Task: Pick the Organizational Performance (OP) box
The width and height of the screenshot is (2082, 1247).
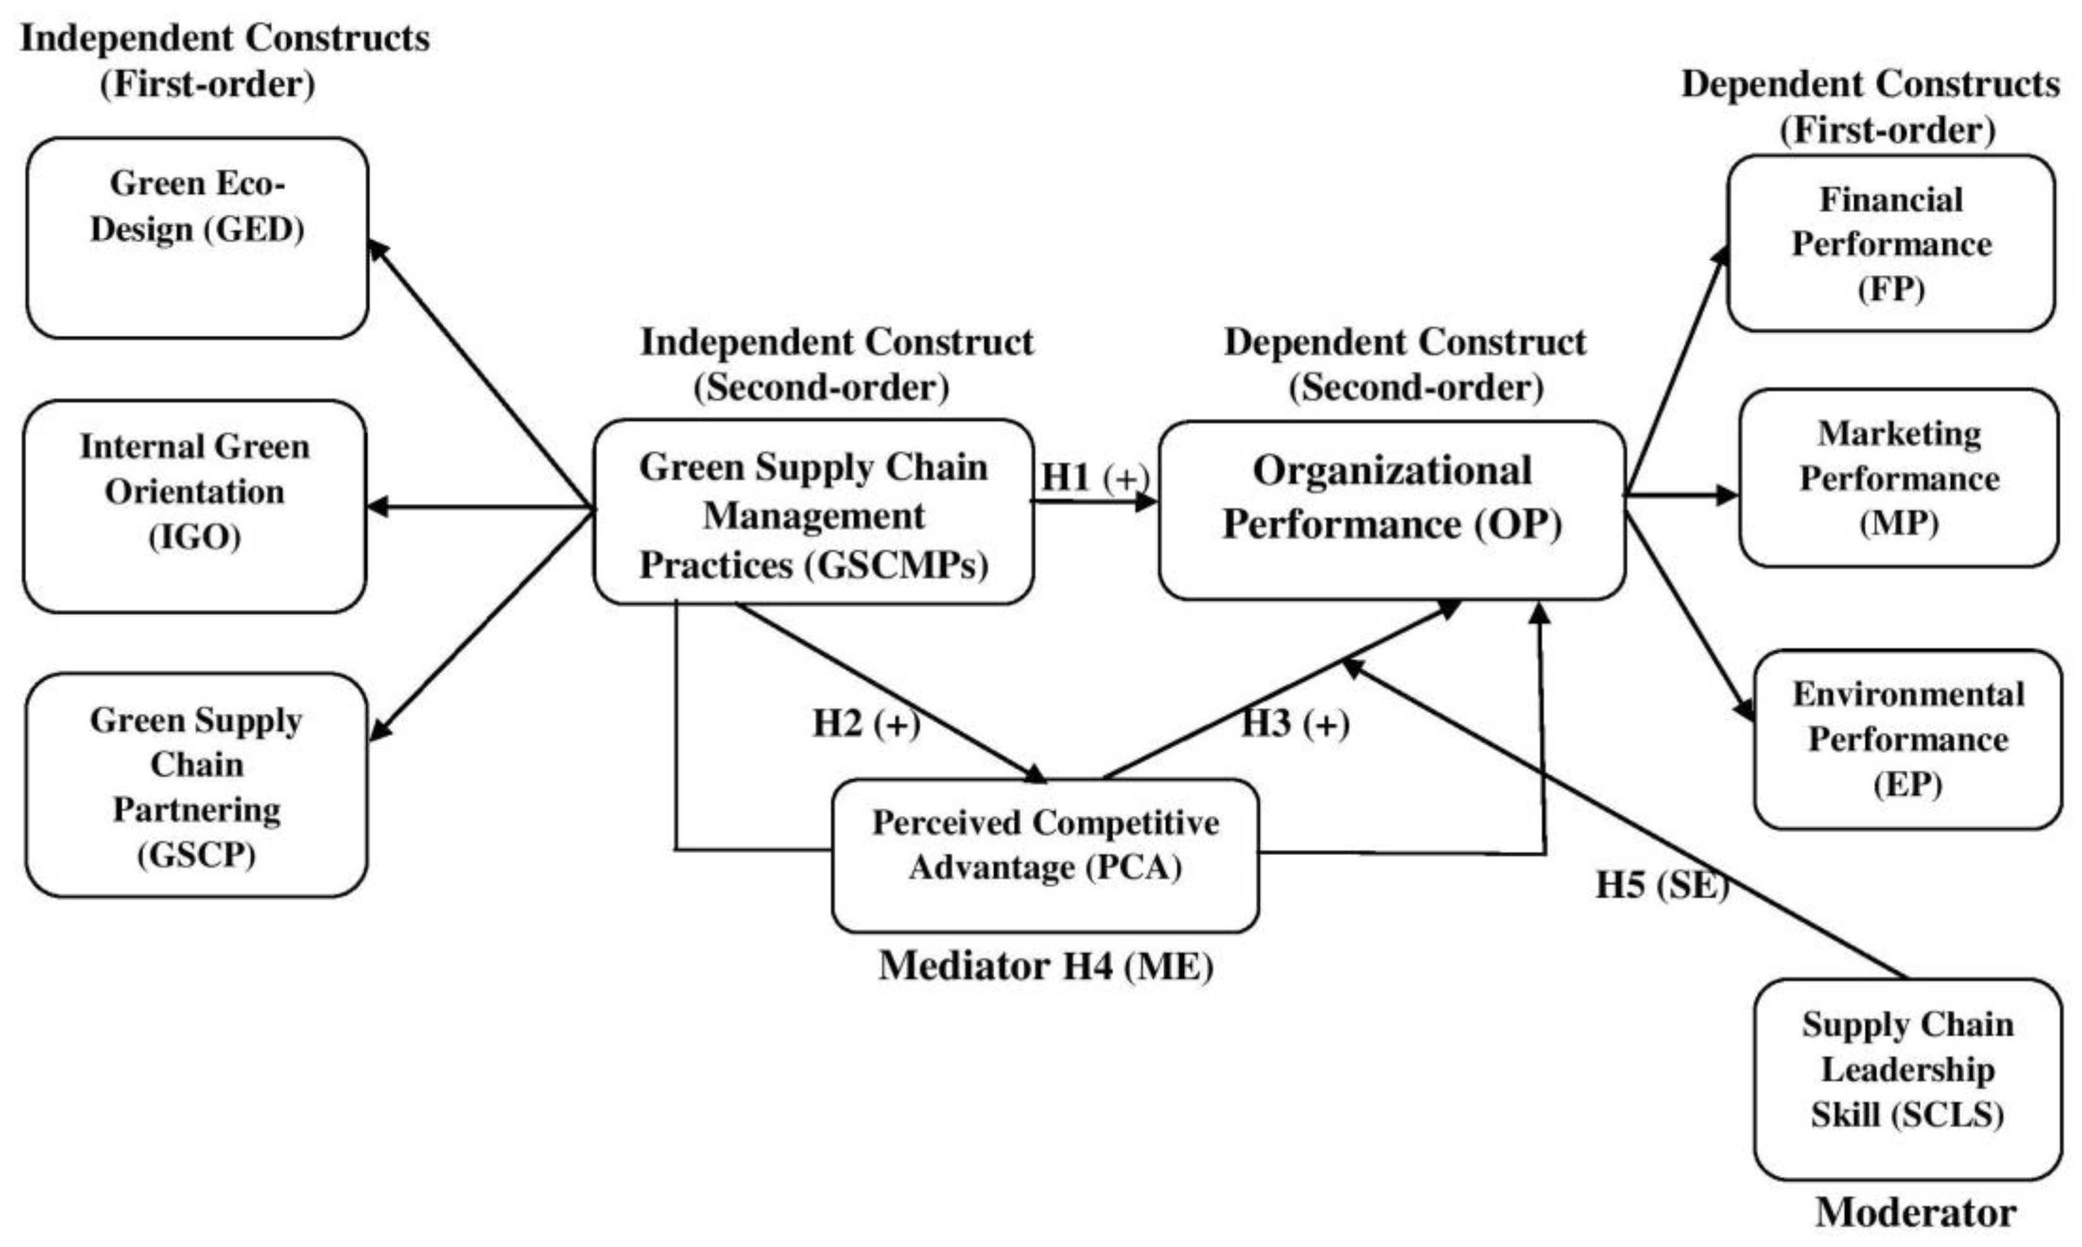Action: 1391,510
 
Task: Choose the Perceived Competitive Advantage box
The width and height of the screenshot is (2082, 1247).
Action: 1045,855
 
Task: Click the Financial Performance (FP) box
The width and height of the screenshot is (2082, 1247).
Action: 1891,244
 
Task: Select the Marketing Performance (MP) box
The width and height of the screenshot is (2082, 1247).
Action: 1899,477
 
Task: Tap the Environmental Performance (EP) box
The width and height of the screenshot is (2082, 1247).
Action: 1908,740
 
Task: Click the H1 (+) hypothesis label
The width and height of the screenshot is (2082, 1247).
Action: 1095,477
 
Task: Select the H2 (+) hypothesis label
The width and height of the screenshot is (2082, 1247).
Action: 866,723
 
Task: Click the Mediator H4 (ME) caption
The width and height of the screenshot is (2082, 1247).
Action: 1045,966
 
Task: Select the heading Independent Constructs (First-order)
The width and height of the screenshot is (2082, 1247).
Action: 224,60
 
